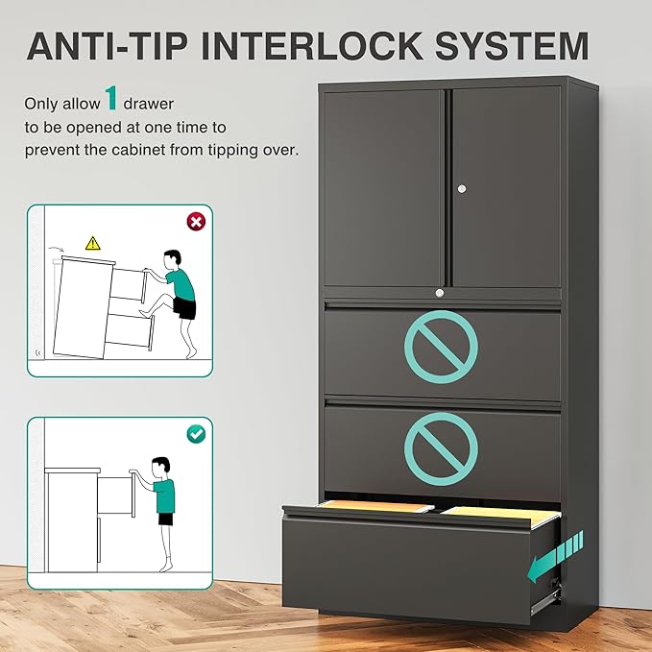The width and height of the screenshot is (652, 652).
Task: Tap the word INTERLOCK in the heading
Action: [x=312, y=46]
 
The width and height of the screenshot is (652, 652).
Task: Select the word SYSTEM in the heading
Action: [x=512, y=46]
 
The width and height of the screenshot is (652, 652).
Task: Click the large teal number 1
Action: [x=111, y=98]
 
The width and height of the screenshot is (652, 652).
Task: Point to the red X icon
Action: [x=196, y=222]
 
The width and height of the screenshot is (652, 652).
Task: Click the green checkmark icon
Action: [x=196, y=434]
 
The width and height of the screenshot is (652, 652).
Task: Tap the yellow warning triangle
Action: [x=93, y=243]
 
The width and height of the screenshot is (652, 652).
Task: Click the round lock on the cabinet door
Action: [x=462, y=189]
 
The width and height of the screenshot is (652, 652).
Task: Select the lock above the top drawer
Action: [x=440, y=293]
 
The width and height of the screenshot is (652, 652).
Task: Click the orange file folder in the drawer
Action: [x=376, y=506]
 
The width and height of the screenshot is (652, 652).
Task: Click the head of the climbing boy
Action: [x=172, y=260]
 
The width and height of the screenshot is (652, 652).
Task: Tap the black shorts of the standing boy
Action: [x=165, y=519]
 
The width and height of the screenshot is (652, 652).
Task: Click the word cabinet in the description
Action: [x=136, y=149]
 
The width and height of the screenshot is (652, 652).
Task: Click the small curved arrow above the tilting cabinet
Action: [x=56, y=249]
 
